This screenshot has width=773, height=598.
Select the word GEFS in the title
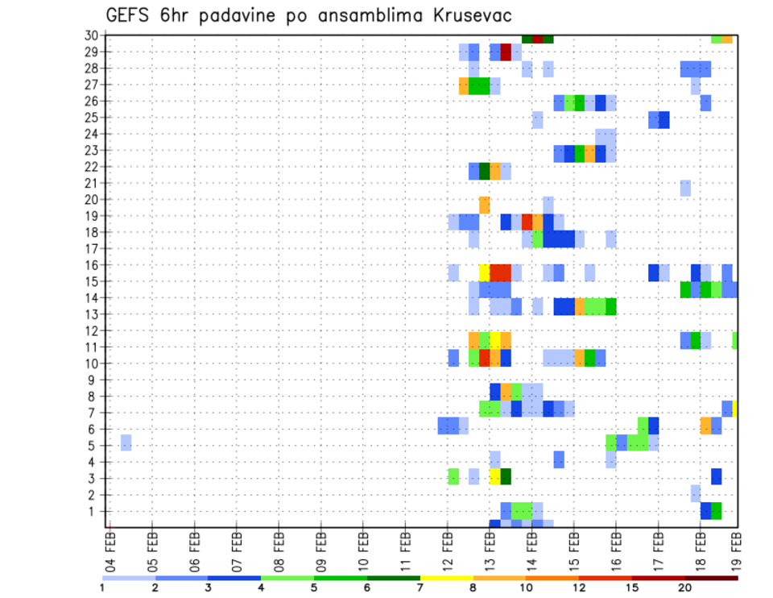pos(130,16)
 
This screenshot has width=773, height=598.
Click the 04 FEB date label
pos(111,551)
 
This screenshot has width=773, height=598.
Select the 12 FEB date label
pos(448,551)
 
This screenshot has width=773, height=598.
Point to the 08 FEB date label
pos(279,551)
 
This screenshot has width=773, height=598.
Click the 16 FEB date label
pos(616,551)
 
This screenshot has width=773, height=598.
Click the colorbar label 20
pos(684,588)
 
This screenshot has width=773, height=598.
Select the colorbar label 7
pos(420,588)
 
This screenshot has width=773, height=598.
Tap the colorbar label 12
pos(578,588)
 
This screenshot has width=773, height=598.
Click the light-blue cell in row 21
pos(685,188)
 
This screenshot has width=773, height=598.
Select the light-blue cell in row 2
pos(696,493)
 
